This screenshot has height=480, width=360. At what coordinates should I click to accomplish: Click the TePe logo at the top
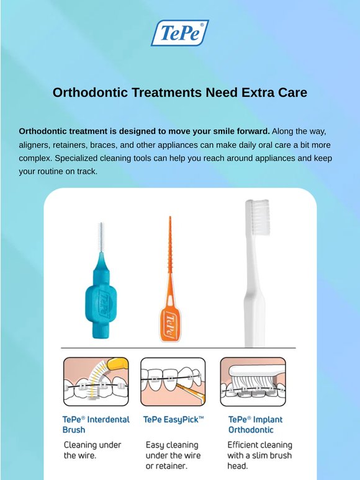point(180,33)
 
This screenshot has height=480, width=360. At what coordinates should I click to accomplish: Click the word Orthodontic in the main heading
point(90,92)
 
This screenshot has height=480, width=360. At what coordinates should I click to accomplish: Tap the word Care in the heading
point(292,92)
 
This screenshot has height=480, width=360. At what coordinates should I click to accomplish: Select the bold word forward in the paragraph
point(253,131)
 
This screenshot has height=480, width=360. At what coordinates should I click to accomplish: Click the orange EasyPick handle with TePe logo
point(169,324)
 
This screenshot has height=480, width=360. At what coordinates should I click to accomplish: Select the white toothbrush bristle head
point(258,217)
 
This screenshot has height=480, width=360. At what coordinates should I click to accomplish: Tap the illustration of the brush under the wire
point(96,382)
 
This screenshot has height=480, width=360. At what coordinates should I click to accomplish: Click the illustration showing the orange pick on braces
point(173,382)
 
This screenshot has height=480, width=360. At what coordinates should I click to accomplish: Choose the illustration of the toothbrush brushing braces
point(253,382)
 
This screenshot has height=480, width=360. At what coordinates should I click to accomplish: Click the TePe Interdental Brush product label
point(96,425)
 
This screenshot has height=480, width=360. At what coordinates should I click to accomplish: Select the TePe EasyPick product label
point(173,419)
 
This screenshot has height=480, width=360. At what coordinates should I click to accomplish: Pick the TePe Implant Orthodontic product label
point(255,425)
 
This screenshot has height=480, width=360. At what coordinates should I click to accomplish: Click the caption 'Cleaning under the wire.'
point(92,450)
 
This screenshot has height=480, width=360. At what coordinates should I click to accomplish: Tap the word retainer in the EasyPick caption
point(171,466)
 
